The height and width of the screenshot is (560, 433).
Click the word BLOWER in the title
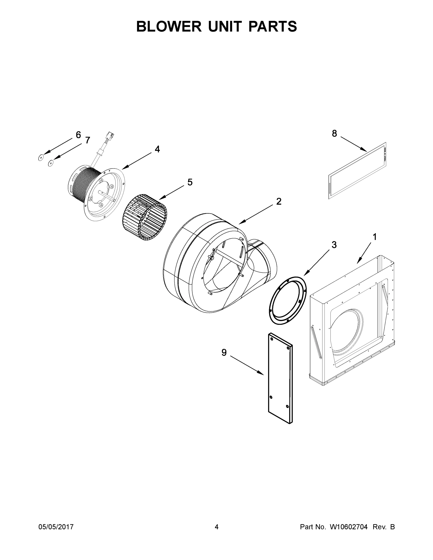click(169, 26)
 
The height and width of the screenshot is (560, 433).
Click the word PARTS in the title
click(272, 26)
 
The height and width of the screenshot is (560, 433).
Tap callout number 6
click(78, 135)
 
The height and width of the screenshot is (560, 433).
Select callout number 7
click(88, 140)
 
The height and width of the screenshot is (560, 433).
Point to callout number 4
click(157, 149)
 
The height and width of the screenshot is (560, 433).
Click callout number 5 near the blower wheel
click(190, 182)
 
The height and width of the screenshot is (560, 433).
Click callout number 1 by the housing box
click(374, 237)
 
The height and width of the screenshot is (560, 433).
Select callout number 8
click(334, 133)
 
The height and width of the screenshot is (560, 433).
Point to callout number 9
click(224, 353)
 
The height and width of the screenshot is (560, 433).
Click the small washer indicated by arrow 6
click(40, 158)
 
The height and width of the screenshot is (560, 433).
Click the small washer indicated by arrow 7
click(51, 163)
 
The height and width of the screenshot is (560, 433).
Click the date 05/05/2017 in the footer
click(56, 527)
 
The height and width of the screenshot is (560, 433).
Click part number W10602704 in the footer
click(348, 527)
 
